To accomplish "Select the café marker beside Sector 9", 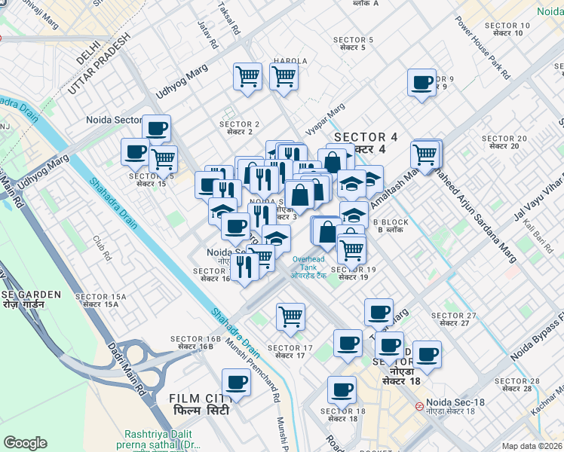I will (421, 82).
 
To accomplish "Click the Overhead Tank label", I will (309, 264).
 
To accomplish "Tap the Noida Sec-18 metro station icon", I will (418, 405).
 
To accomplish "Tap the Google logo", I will (25, 442).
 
